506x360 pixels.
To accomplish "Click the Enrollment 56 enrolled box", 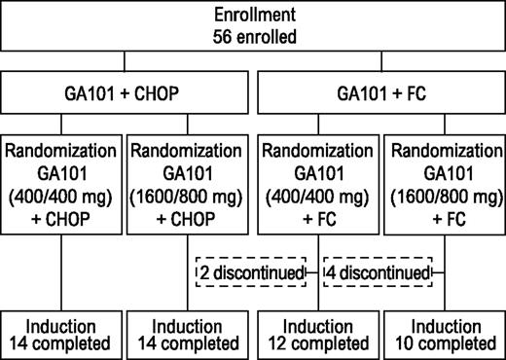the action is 253,26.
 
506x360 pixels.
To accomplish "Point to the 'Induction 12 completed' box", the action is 316,333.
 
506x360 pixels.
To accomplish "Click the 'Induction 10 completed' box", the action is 442,333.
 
